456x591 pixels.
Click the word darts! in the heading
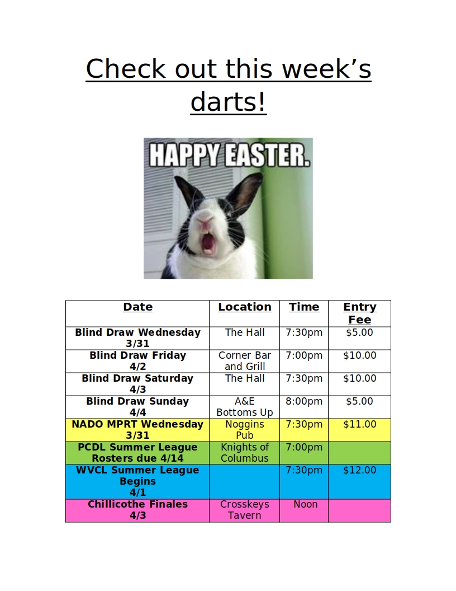[x=229, y=102]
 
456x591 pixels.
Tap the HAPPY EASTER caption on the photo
[x=230, y=155]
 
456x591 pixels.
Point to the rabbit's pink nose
[x=206, y=223]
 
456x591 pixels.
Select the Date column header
[x=137, y=307]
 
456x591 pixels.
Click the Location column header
[x=245, y=307]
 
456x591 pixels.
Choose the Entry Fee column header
[x=360, y=313]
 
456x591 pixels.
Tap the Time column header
[x=304, y=307]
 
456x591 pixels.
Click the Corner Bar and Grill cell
[x=245, y=361]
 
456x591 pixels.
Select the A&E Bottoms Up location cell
[x=245, y=407]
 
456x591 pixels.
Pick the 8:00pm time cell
[x=304, y=401]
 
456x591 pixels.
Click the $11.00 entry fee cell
[x=360, y=424]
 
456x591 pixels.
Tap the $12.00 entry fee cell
[x=360, y=470]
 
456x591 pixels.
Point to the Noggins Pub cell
[x=245, y=430]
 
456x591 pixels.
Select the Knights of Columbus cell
[x=245, y=453]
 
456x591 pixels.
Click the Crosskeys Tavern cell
[x=245, y=510]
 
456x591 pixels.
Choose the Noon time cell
[x=306, y=504]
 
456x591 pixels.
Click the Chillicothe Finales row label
[x=137, y=510]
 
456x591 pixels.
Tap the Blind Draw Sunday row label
[x=137, y=407]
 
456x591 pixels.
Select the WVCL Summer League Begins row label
[x=137, y=481]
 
